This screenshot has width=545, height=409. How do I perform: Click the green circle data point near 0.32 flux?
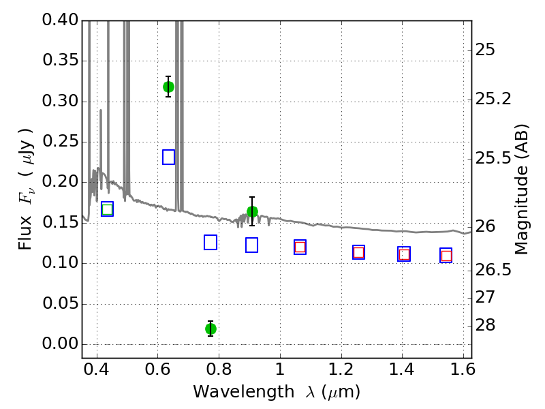click(168, 87)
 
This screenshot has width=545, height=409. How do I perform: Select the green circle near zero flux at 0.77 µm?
click(211, 329)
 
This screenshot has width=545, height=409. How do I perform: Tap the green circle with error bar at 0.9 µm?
click(252, 211)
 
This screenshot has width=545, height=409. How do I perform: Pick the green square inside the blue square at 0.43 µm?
click(108, 209)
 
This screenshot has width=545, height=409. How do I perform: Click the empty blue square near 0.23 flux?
click(168, 157)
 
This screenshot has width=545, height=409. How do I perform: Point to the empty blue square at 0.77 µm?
click(211, 243)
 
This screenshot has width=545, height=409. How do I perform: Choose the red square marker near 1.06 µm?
click(300, 247)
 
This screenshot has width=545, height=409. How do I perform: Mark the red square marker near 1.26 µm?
click(359, 252)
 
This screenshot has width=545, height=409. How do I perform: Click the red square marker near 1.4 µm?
click(404, 254)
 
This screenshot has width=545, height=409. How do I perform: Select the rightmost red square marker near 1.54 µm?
click(446, 256)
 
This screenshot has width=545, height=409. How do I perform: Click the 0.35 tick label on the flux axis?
click(60, 60)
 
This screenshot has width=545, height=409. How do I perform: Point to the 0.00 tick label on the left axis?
click(60, 344)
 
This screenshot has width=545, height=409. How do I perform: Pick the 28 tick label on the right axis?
click(485, 325)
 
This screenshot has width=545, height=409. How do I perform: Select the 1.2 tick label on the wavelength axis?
click(341, 369)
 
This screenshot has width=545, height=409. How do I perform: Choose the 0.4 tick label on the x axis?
click(97, 369)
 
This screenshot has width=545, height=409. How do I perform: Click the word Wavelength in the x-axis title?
click(244, 393)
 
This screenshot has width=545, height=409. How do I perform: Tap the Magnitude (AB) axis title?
click(520, 190)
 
